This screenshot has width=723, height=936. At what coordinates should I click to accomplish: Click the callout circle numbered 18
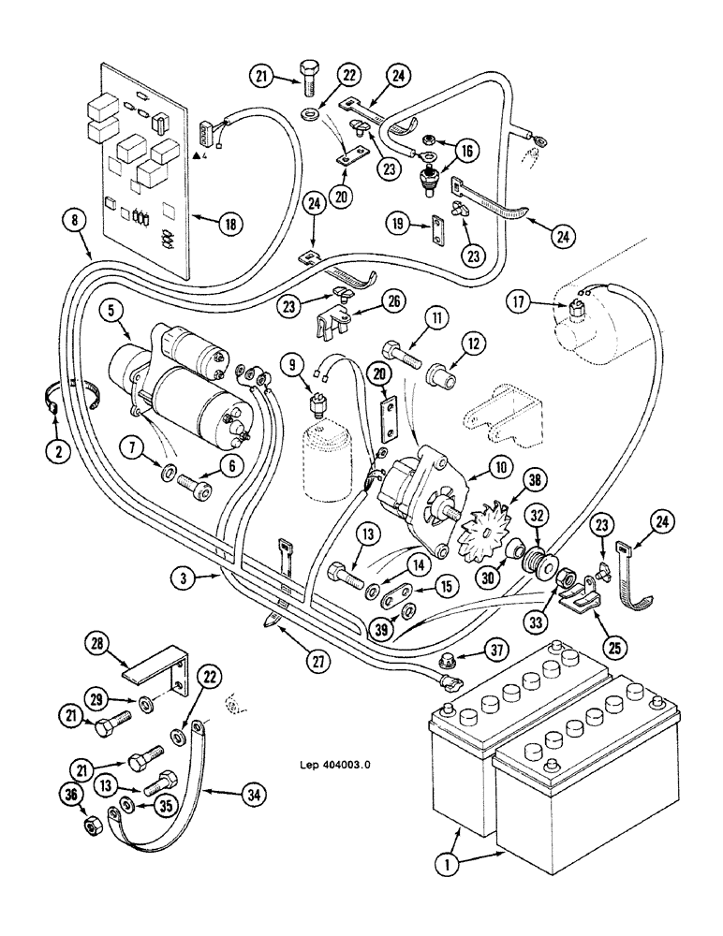pyautogui.click(x=229, y=224)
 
